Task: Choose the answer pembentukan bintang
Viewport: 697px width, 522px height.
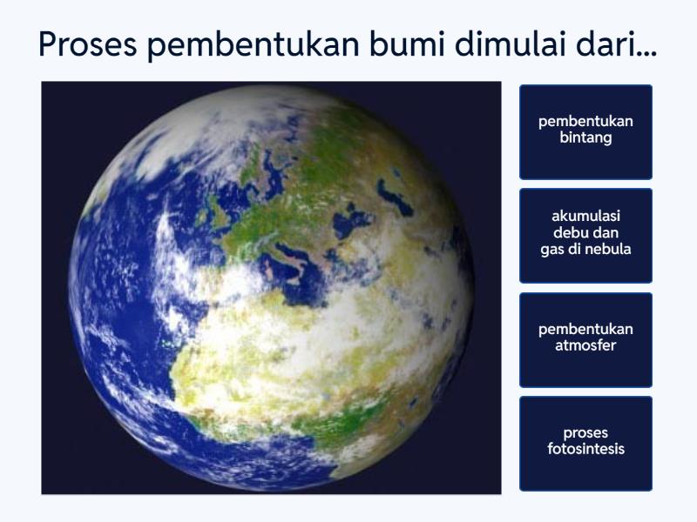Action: coord(585,130)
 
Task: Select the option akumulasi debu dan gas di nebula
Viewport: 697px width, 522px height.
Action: coord(585,234)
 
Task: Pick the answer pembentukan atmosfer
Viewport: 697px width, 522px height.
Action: coord(585,338)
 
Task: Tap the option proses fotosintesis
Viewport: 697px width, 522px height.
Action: coord(585,442)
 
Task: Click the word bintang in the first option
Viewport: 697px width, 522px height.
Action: coord(585,138)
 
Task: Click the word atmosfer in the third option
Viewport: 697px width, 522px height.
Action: coord(585,346)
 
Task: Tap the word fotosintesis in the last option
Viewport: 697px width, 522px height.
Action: coord(585,450)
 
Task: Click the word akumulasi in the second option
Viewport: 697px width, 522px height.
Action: coord(585,216)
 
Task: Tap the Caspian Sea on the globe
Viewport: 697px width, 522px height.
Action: coord(396,198)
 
